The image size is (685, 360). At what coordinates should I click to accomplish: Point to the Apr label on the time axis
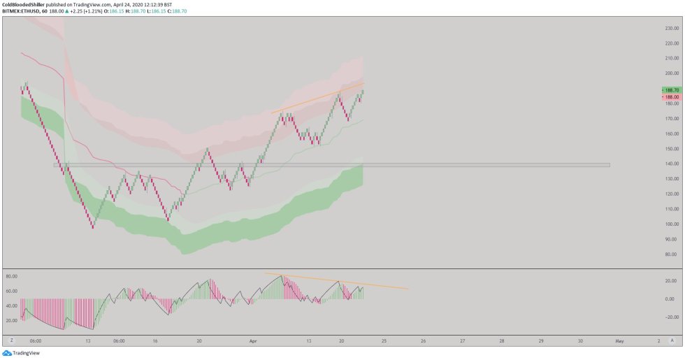coord(253,341)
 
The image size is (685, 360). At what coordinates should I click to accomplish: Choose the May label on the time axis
coord(619,341)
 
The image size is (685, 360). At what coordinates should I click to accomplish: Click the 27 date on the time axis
coord(462,341)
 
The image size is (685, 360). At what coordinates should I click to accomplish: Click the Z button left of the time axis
coord(11,341)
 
